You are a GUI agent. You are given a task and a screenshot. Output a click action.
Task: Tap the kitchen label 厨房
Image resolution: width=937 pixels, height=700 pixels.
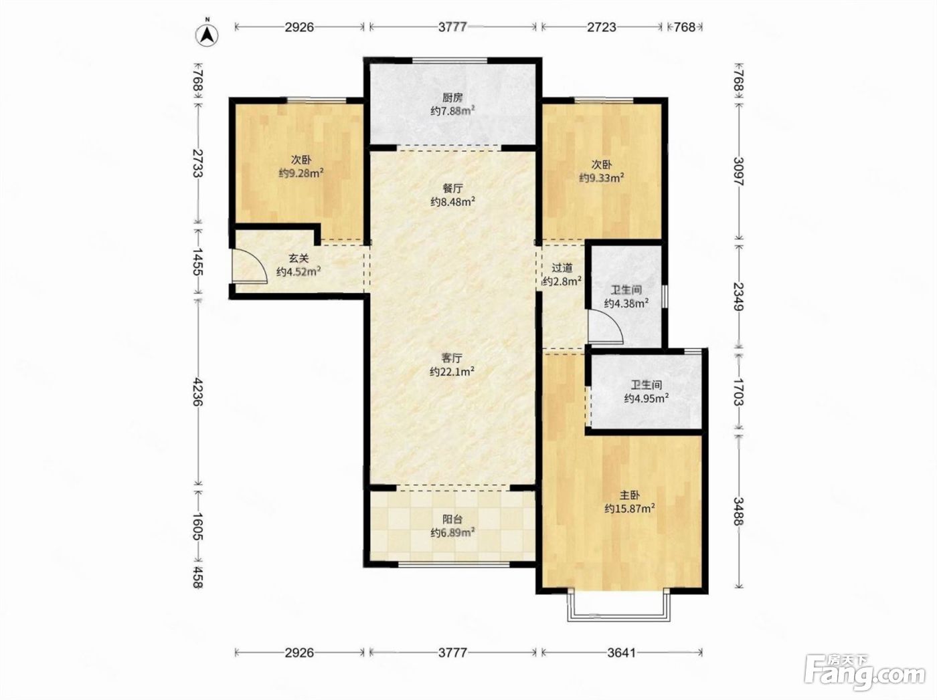click(x=452, y=98)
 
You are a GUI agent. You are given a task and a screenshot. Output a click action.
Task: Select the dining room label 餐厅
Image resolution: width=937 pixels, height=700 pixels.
click(x=452, y=189)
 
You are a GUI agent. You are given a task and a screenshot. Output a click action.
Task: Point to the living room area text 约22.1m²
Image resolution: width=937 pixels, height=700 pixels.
click(x=452, y=372)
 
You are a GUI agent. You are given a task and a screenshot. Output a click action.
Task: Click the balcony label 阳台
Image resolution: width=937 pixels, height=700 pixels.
click(x=452, y=519)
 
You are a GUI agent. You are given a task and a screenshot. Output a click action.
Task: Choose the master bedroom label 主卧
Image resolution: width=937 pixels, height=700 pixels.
click(x=630, y=495)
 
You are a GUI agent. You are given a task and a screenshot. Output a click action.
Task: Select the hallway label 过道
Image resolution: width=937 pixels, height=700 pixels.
click(x=562, y=268)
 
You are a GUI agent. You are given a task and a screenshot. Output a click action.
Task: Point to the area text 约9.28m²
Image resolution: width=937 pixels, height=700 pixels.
click(x=301, y=174)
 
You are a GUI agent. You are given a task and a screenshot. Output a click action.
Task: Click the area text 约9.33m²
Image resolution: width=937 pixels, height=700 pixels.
click(x=602, y=178)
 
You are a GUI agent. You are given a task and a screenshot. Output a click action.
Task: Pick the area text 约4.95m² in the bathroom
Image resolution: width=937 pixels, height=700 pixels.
click(x=647, y=398)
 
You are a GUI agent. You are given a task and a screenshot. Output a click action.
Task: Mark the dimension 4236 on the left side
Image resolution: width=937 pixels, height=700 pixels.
click(x=197, y=391)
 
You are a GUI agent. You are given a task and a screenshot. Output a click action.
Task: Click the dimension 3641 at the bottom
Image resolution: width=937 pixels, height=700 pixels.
click(x=621, y=653)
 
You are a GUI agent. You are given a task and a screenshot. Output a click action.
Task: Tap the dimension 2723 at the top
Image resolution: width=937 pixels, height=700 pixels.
click(x=602, y=27)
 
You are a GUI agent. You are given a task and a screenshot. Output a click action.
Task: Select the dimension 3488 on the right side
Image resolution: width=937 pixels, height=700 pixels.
click(x=739, y=511)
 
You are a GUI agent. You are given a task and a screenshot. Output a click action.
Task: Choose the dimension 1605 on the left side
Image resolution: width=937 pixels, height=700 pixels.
click(x=197, y=526)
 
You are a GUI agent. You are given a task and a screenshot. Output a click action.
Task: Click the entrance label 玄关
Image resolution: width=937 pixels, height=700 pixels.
click(x=299, y=258)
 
